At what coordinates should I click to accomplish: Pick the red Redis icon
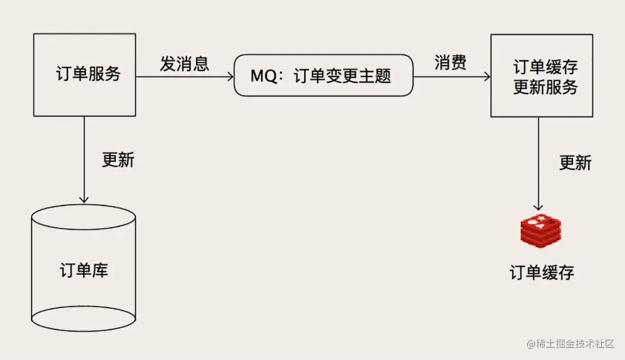(541, 231)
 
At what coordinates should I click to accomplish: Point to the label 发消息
(184, 63)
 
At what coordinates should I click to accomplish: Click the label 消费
(450, 62)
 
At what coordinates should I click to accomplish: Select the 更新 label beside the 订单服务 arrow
(118, 160)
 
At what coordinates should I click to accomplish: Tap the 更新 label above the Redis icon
(575, 162)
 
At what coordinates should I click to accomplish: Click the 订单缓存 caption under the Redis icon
(542, 272)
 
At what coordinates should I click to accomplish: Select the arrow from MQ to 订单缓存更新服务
(452, 76)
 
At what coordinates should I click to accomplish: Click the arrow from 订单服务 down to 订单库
(84, 160)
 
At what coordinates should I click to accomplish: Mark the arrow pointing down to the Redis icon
(538, 164)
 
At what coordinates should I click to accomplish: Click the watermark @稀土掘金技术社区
(570, 344)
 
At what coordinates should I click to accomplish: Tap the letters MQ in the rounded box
(263, 76)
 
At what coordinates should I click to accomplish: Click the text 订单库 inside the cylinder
(84, 270)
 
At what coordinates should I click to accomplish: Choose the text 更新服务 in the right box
(546, 87)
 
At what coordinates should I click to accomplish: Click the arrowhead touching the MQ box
(231, 77)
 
